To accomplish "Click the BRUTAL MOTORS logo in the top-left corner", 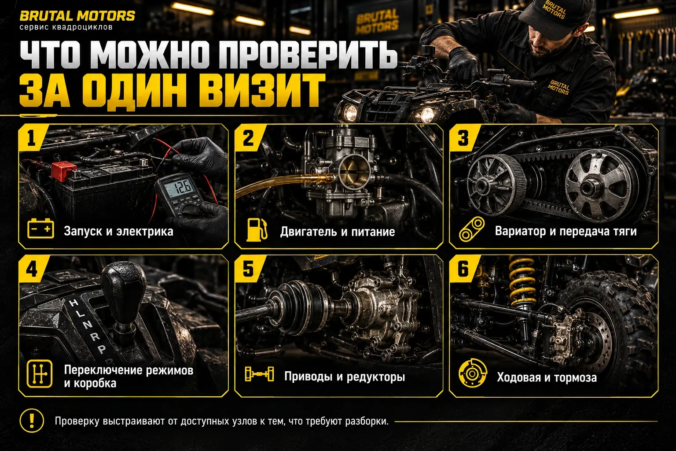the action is pos(77,16).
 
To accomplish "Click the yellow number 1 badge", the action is pos(32,138).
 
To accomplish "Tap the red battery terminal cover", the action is pos(63,171).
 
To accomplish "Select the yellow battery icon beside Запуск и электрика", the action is pos(41,229).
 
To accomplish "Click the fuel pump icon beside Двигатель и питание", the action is pos(257,229).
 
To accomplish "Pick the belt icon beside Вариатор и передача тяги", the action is pos(472,229).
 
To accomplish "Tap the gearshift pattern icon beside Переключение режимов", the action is pos(40,373).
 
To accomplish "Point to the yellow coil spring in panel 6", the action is pos(522,282).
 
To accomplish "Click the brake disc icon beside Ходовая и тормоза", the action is pos(473,373).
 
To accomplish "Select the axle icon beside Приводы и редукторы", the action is pos(259,374).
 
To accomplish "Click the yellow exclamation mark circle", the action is pos(32,421).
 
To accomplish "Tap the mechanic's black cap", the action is pos(555,17).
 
